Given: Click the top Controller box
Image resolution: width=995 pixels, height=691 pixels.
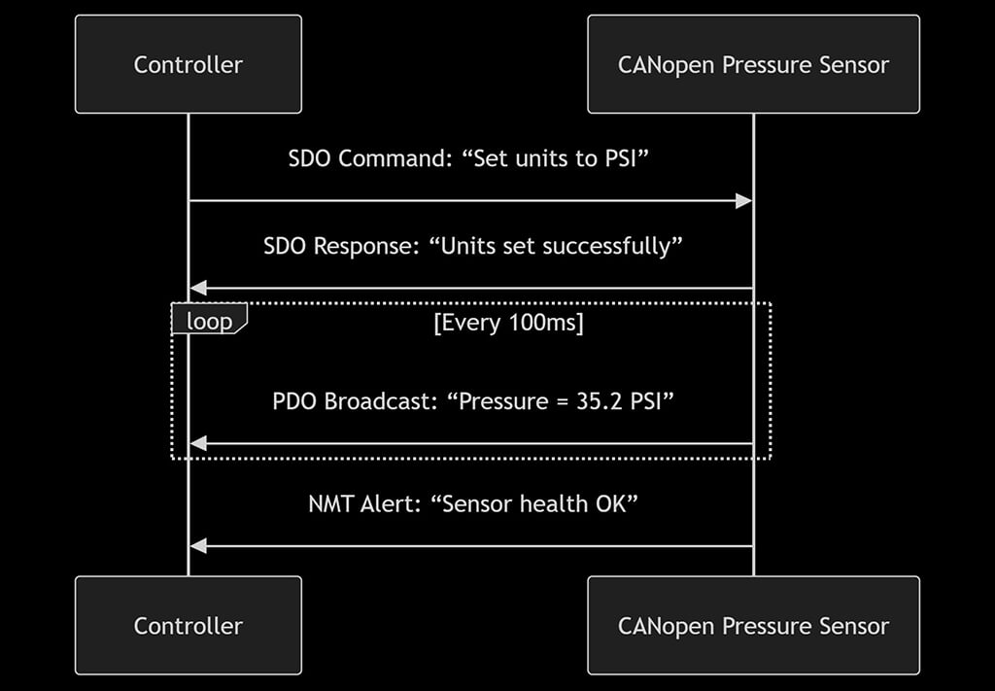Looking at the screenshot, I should (188, 65).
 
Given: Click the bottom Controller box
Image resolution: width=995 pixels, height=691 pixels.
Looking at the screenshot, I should (188, 626).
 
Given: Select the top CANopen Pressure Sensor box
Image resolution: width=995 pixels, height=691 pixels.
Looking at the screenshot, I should (753, 65).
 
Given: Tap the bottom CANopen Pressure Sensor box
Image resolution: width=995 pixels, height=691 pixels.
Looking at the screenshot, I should (753, 626).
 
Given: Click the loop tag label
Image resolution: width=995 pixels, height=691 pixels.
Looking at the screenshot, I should (209, 321).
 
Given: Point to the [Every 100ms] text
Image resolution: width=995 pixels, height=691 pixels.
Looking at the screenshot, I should (508, 323).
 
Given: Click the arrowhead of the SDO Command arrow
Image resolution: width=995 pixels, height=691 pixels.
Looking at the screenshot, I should (743, 201).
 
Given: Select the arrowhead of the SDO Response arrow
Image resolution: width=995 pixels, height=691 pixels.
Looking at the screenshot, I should (198, 288).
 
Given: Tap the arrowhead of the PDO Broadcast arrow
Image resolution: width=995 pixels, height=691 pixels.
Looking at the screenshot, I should (198, 444).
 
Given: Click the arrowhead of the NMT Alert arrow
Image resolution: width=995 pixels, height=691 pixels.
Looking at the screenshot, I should (198, 546).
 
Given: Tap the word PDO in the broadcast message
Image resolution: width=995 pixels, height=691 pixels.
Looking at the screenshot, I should (294, 401).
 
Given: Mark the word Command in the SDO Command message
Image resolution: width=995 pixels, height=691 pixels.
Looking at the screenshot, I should (392, 158).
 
